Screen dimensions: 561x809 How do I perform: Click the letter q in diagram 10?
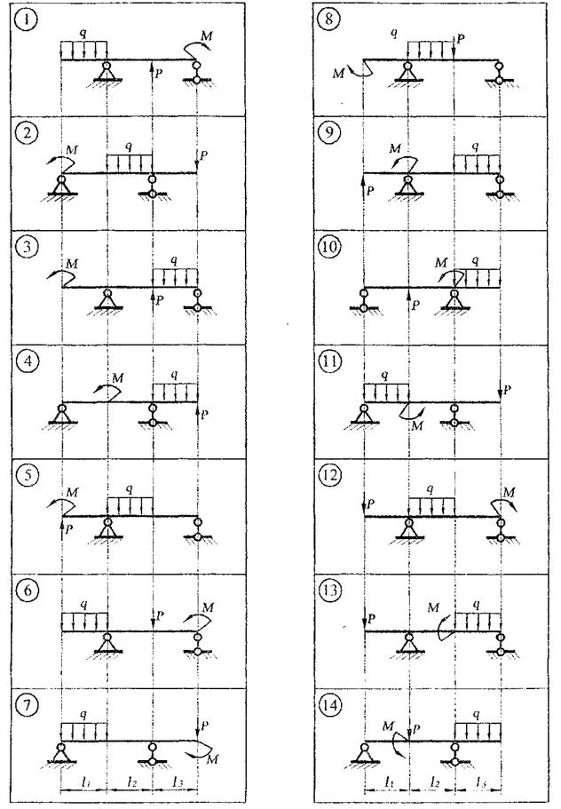coord(479,260)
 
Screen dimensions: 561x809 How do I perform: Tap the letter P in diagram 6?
coord(159,615)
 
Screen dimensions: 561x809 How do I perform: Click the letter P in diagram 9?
coord(370,189)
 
